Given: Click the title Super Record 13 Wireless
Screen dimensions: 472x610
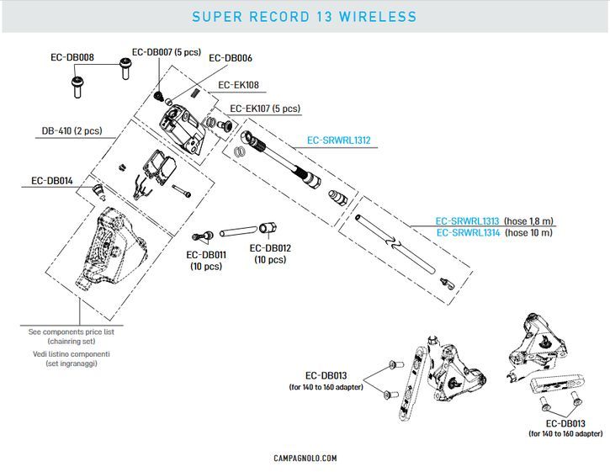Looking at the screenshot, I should pyautogui.click(x=305, y=17).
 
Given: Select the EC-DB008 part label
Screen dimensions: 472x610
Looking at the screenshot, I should pyautogui.click(x=72, y=58).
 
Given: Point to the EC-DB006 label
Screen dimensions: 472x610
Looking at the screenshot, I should pyautogui.click(x=230, y=58).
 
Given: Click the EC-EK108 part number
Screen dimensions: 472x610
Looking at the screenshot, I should pyautogui.click(x=239, y=85).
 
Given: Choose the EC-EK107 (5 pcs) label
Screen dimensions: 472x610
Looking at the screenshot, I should pyautogui.click(x=265, y=109).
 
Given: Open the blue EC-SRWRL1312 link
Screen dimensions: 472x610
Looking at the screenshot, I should pyautogui.click(x=339, y=141).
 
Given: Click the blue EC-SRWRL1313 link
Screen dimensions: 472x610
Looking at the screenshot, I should pyautogui.click(x=467, y=220).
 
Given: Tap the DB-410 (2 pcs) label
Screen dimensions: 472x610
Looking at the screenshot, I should pyautogui.click(x=72, y=131).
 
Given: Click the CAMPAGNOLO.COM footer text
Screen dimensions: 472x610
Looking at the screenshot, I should pyautogui.click(x=305, y=458).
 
